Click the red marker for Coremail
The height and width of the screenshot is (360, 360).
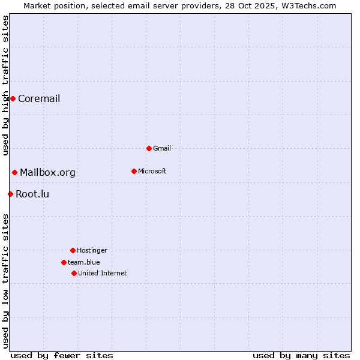click(13, 98)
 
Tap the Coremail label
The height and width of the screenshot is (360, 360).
click(39, 99)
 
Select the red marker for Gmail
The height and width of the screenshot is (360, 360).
click(149, 148)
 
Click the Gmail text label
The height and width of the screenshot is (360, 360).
click(162, 148)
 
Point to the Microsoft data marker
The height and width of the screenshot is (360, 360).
click(134, 171)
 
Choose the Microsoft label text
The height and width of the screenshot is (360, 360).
click(152, 171)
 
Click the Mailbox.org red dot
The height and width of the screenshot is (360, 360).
click(14, 173)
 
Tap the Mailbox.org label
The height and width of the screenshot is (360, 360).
click(47, 173)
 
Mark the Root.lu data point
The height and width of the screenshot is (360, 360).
click(10, 194)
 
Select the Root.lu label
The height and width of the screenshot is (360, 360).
click(32, 194)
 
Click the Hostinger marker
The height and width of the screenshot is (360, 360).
click(73, 250)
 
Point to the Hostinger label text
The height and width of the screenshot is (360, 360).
click(92, 250)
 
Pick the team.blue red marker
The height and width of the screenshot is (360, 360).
click(64, 262)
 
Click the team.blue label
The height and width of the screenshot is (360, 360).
click(83, 262)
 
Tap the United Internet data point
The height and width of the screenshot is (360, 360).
click(74, 273)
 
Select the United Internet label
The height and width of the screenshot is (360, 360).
click(102, 273)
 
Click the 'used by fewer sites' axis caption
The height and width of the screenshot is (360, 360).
click(62, 355)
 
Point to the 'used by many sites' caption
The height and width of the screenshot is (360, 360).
click(301, 355)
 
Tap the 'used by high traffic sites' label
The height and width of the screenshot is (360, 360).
click(5, 85)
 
